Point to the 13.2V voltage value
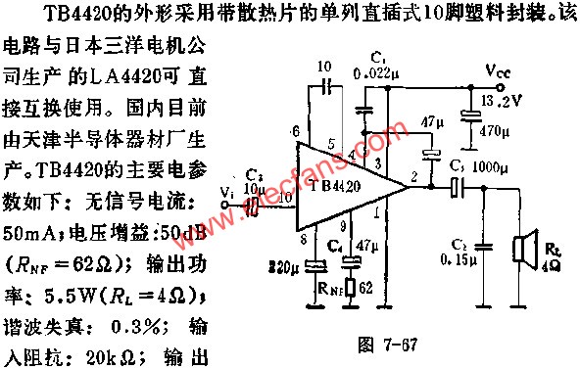[x=503, y=100]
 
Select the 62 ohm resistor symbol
[x=345, y=288]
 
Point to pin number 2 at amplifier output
[x=416, y=175]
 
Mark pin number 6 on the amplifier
[x=294, y=130]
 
